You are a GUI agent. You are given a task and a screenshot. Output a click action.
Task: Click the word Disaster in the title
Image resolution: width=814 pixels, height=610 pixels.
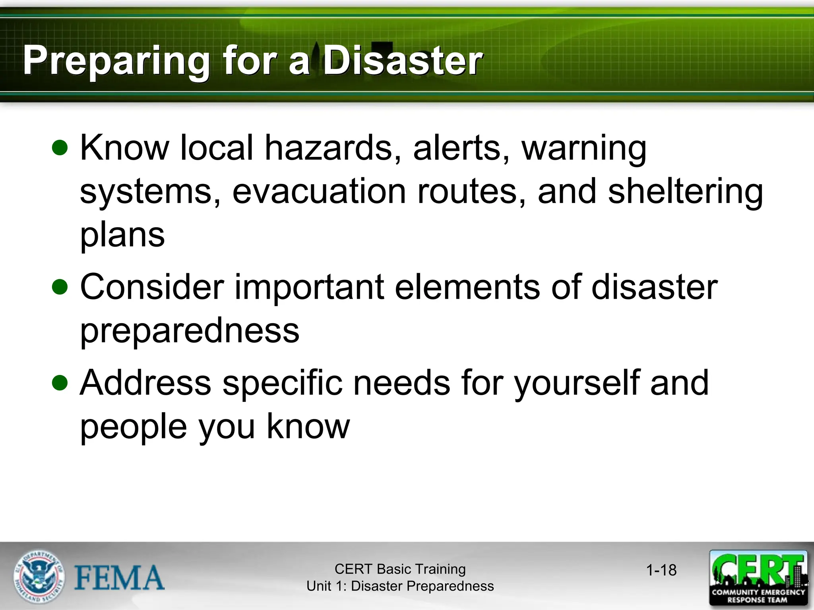(x=402, y=60)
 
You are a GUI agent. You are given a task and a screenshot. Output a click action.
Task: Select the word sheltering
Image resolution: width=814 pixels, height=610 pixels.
(x=685, y=191)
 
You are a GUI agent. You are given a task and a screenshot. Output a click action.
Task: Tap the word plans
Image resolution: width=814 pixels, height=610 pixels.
(x=122, y=235)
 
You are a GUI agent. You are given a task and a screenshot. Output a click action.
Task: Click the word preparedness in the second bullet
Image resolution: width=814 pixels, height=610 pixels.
(x=190, y=330)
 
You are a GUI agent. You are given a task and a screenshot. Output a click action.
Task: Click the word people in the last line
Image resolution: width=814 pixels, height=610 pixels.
(x=134, y=427)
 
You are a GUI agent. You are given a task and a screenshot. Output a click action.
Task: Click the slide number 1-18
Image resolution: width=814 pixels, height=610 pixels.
(x=661, y=570)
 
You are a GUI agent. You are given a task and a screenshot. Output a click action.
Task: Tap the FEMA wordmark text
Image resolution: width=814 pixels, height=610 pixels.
(x=119, y=578)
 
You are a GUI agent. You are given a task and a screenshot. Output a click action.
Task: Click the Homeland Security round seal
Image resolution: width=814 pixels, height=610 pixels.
(x=39, y=577)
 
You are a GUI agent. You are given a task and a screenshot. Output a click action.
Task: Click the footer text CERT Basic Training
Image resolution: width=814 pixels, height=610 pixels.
(x=400, y=569)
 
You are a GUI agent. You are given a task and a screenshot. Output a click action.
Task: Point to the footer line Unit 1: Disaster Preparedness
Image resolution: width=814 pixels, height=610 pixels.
(x=400, y=586)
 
